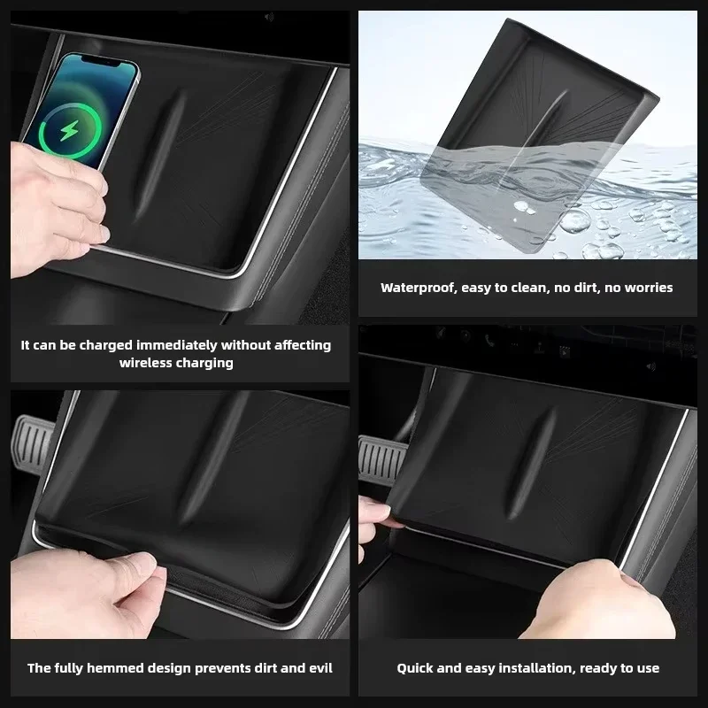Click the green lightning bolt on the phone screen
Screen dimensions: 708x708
[69, 131]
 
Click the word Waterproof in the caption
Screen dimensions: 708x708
[418, 289]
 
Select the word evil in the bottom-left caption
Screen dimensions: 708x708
[320, 668]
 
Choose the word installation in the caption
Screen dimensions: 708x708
[536, 668]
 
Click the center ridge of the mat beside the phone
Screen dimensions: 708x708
[161, 157]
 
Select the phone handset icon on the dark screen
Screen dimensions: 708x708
[489, 341]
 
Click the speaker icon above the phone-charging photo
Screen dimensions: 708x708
[269, 17]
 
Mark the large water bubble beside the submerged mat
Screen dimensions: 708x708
[574, 220]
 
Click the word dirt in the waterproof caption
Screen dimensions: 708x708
[584, 289]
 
